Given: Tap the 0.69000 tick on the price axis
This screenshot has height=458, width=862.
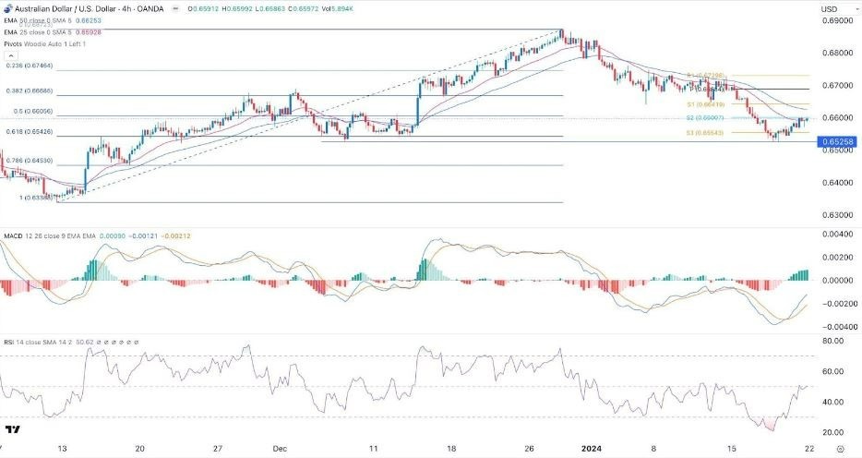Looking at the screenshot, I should (x=834, y=20).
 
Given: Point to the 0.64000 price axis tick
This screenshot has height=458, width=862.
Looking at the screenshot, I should (x=834, y=183).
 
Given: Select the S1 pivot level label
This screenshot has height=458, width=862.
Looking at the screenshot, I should (x=702, y=105).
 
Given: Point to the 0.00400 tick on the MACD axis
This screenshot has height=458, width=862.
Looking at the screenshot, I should (x=835, y=234).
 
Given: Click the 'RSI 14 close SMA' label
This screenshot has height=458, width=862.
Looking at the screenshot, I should (x=37, y=341).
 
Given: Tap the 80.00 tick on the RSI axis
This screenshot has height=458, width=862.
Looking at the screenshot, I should (x=835, y=341).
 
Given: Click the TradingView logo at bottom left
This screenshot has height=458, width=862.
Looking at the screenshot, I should (x=13, y=429).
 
